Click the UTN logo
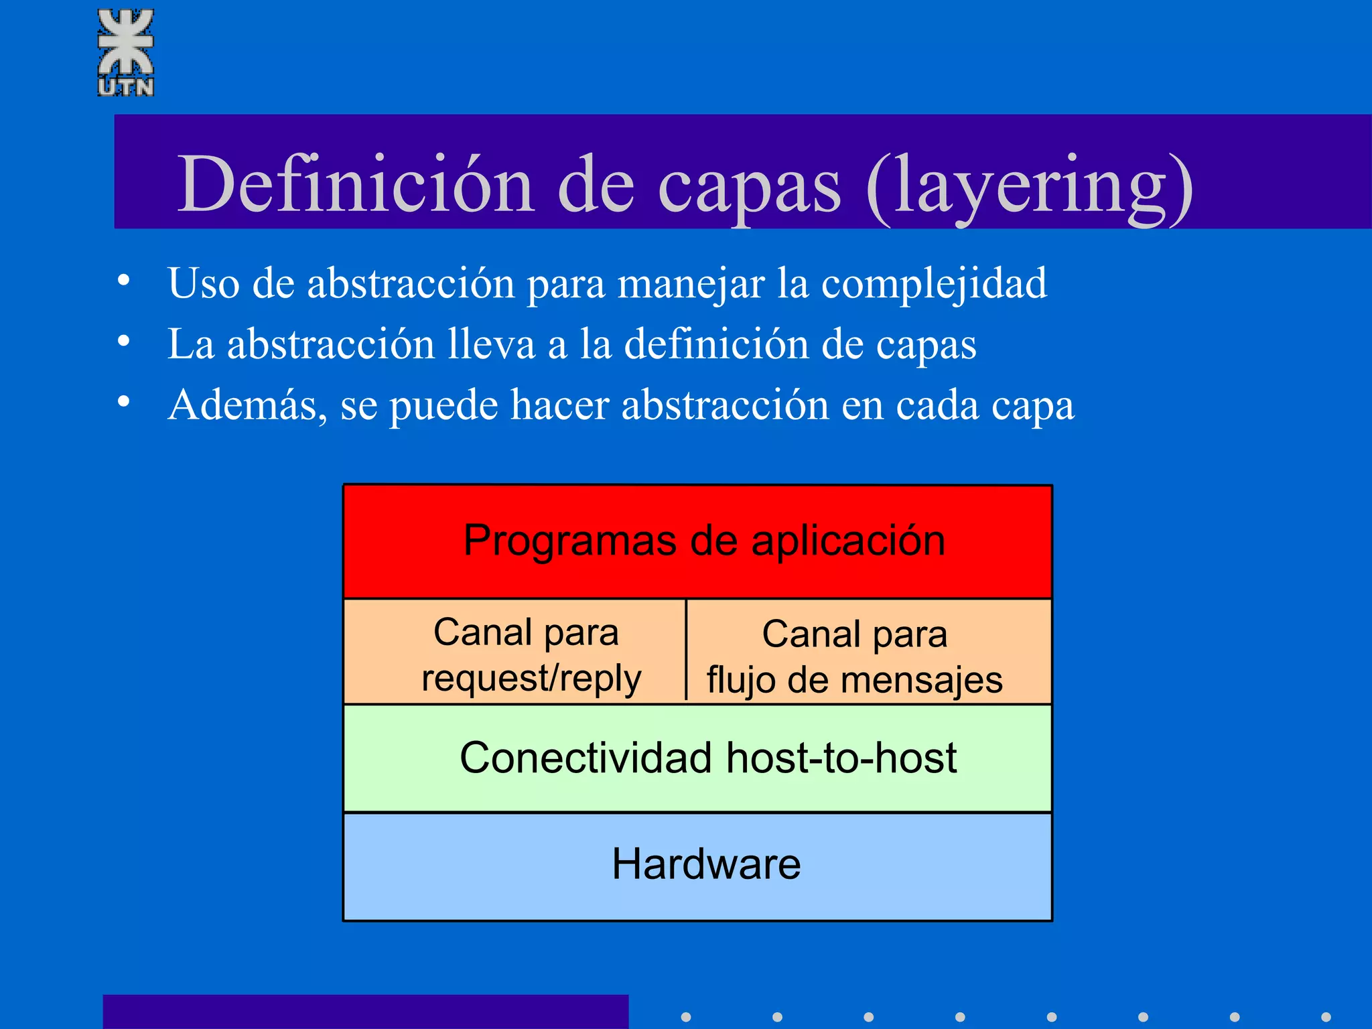coord(126,52)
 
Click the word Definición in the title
coord(355,184)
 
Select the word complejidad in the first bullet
coord(934,284)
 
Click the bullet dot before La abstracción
coord(123,341)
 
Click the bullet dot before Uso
coord(123,280)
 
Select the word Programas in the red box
coord(570,541)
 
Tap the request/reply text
coord(531,679)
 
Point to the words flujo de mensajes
coord(855,681)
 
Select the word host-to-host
coord(841,758)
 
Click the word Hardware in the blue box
coord(706,864)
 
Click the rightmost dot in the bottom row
coord(1326,1017)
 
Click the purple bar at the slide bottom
coord(365,1012)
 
